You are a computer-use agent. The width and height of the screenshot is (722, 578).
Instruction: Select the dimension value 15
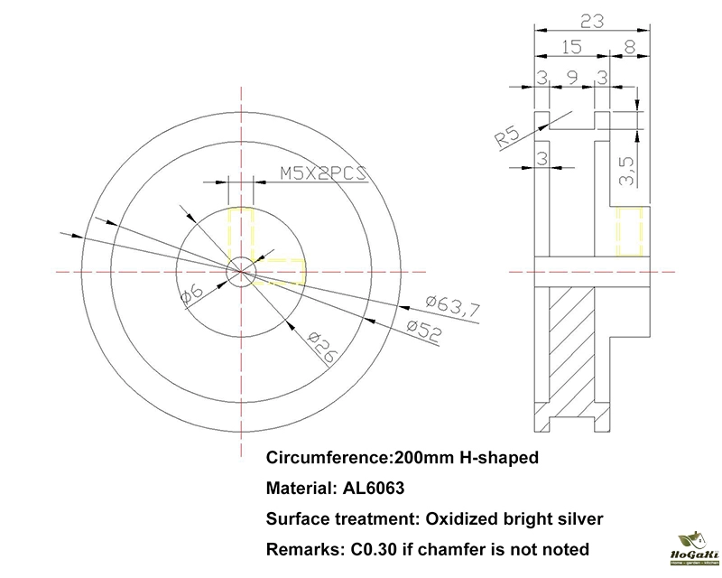click(569, 46)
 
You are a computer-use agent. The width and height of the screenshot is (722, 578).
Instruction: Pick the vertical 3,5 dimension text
click(627, 169)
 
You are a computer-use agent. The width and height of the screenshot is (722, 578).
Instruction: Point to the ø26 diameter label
click(321, 347)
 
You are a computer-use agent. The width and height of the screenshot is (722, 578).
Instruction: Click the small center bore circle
click(241, 269)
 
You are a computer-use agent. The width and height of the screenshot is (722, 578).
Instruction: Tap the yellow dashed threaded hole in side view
click(628, 232)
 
